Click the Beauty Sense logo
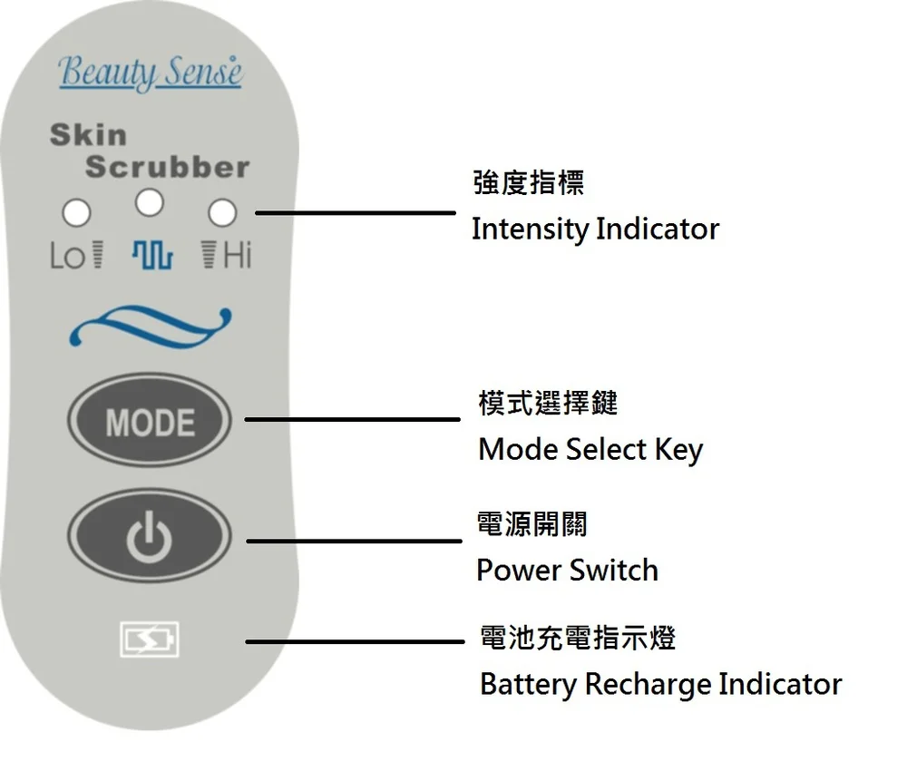coord(151,72)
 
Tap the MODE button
coord(150,422)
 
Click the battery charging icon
coord(150,639)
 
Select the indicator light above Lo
coord(76,213)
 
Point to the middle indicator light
coord(150,202)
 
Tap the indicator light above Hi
coord(222,213)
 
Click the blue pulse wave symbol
coord(151,256)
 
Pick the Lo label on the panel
coord(66,257)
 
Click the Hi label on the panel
coord(236,256)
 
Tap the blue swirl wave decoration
coord(151,326)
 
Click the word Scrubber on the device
coord(167,167)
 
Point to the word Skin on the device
coord(88,135)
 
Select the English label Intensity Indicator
coord(595,229)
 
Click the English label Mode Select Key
coord(590,449)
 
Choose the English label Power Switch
coord(567,570)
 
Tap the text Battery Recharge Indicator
coord(660,683)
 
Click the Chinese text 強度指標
coord(529,182)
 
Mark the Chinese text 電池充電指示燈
coord(577,638)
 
